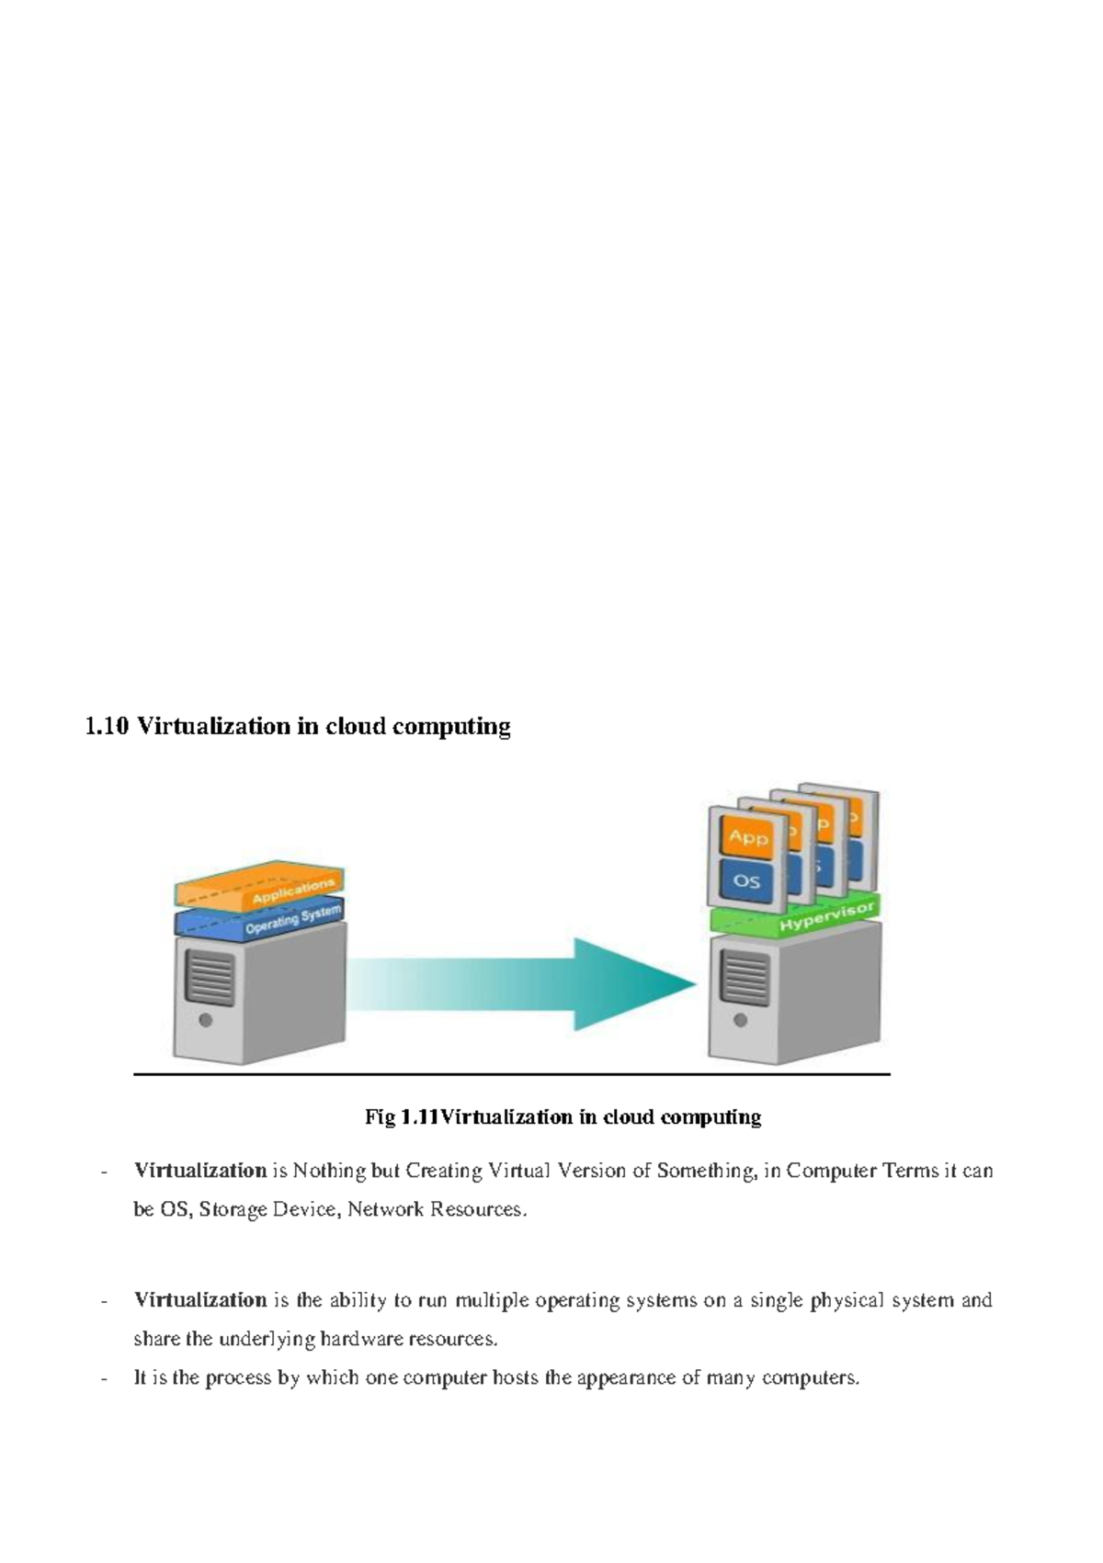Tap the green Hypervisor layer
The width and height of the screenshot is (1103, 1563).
pos(796,915)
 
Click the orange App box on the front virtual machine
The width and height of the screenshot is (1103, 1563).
pos(747,837)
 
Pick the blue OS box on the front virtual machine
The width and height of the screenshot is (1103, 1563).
pos(746,881)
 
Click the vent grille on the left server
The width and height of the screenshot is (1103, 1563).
pos(210,976)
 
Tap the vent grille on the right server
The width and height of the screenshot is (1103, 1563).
pos(745,977)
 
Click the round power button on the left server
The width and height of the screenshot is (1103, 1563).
pos(206,1020)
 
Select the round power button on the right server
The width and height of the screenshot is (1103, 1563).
pos(741,1020)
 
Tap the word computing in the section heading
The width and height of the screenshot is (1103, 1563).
pos(451,727)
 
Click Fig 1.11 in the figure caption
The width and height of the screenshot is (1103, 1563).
pos(402,1117)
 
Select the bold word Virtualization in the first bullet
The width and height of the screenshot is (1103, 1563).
pos(200,1171)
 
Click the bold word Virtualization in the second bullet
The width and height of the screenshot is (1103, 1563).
pos(200,1300)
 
